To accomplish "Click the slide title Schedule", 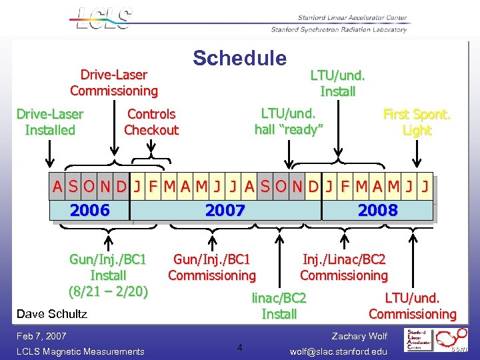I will (239, 59).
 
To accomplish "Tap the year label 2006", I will (89, 211).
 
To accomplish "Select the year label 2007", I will (225, 211).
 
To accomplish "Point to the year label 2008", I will (377, 211).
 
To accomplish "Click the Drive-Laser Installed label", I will (50, 122).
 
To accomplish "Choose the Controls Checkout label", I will (151, 122).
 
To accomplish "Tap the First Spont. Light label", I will (417, 122).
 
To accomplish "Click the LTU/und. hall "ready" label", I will (289, 121).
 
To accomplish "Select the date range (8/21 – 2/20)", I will (108, 291).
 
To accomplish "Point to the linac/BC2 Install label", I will (279, 306).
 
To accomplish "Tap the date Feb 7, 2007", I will (41, 336).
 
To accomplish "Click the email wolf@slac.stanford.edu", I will (338, 351).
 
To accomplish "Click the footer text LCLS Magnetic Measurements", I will (80, 351).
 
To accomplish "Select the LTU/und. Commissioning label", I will (412, 306).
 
